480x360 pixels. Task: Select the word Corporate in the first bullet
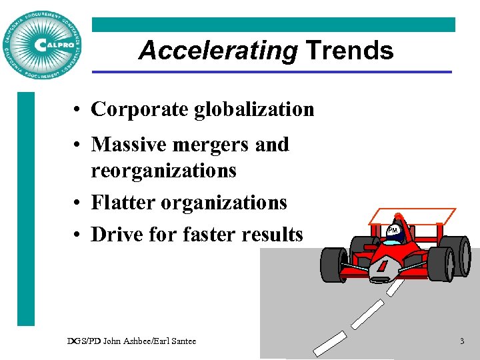pos(140,109)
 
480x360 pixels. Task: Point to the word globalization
pos(254,109)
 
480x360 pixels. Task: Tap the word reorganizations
pos(164,171)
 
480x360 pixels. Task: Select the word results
pos(274,234)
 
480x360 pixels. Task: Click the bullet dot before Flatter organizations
pos(79,203)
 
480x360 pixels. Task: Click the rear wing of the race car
pos(414,215)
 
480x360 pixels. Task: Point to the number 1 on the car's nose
pos(382,266)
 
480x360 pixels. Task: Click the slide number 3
pos(461,341)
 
